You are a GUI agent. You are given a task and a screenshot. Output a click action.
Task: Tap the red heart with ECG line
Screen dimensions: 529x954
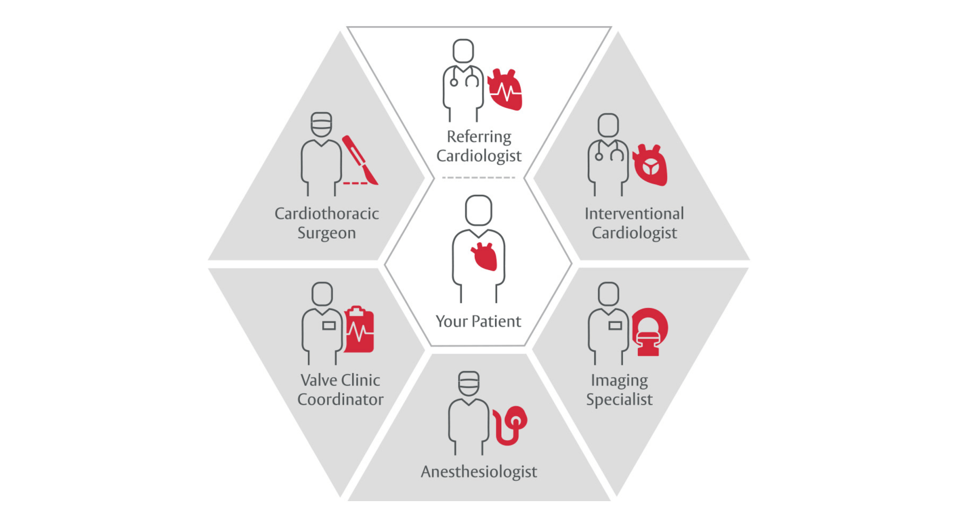[x=505, y=90]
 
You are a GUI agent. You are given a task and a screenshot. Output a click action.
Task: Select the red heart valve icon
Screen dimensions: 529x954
[x=649, y=165]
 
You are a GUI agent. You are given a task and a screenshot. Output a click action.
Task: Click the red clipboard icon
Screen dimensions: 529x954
[x=359, y=329]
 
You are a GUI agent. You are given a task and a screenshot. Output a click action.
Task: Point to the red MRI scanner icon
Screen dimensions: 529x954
[x=649, y=331]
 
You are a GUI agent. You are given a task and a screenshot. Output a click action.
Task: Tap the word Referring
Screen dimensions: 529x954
[x=478, y=136]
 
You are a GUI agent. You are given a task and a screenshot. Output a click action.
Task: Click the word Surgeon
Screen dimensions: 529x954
[x=326, y=233]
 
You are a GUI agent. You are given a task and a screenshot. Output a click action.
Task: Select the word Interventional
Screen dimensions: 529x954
[x=634, y=213]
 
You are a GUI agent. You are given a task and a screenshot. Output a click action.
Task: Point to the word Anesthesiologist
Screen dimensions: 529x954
[x=478, y=471]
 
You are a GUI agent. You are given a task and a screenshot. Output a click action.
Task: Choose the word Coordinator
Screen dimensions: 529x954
[x=340, y=399]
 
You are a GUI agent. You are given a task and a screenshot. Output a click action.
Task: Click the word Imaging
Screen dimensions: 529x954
[x=619, y=380]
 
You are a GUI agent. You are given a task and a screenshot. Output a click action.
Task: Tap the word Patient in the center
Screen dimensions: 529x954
[x=497, y=321]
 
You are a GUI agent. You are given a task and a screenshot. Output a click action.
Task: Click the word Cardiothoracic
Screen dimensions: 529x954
[x=326, y=213]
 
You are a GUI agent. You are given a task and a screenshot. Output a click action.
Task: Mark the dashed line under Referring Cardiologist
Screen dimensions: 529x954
[x=478, y=177]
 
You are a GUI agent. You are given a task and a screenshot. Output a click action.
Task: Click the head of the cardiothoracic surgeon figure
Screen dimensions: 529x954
[x=321, y=124]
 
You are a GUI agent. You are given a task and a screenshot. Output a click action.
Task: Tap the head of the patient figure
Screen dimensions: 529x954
[x=478, y=210]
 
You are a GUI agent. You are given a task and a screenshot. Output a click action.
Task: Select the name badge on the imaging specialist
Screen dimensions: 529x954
[x=615, y=326]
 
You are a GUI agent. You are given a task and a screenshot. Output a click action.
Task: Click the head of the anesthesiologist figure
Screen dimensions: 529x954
[x=469, y=383]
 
